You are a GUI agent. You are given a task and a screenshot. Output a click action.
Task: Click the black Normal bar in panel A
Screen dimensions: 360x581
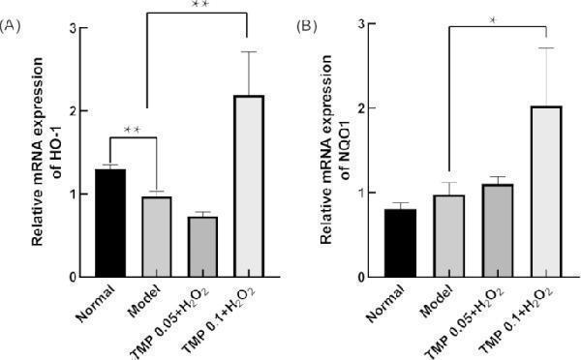(x=110, y=224)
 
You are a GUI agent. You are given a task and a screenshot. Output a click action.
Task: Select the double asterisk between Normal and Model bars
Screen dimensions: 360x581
(x=133, y=129)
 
